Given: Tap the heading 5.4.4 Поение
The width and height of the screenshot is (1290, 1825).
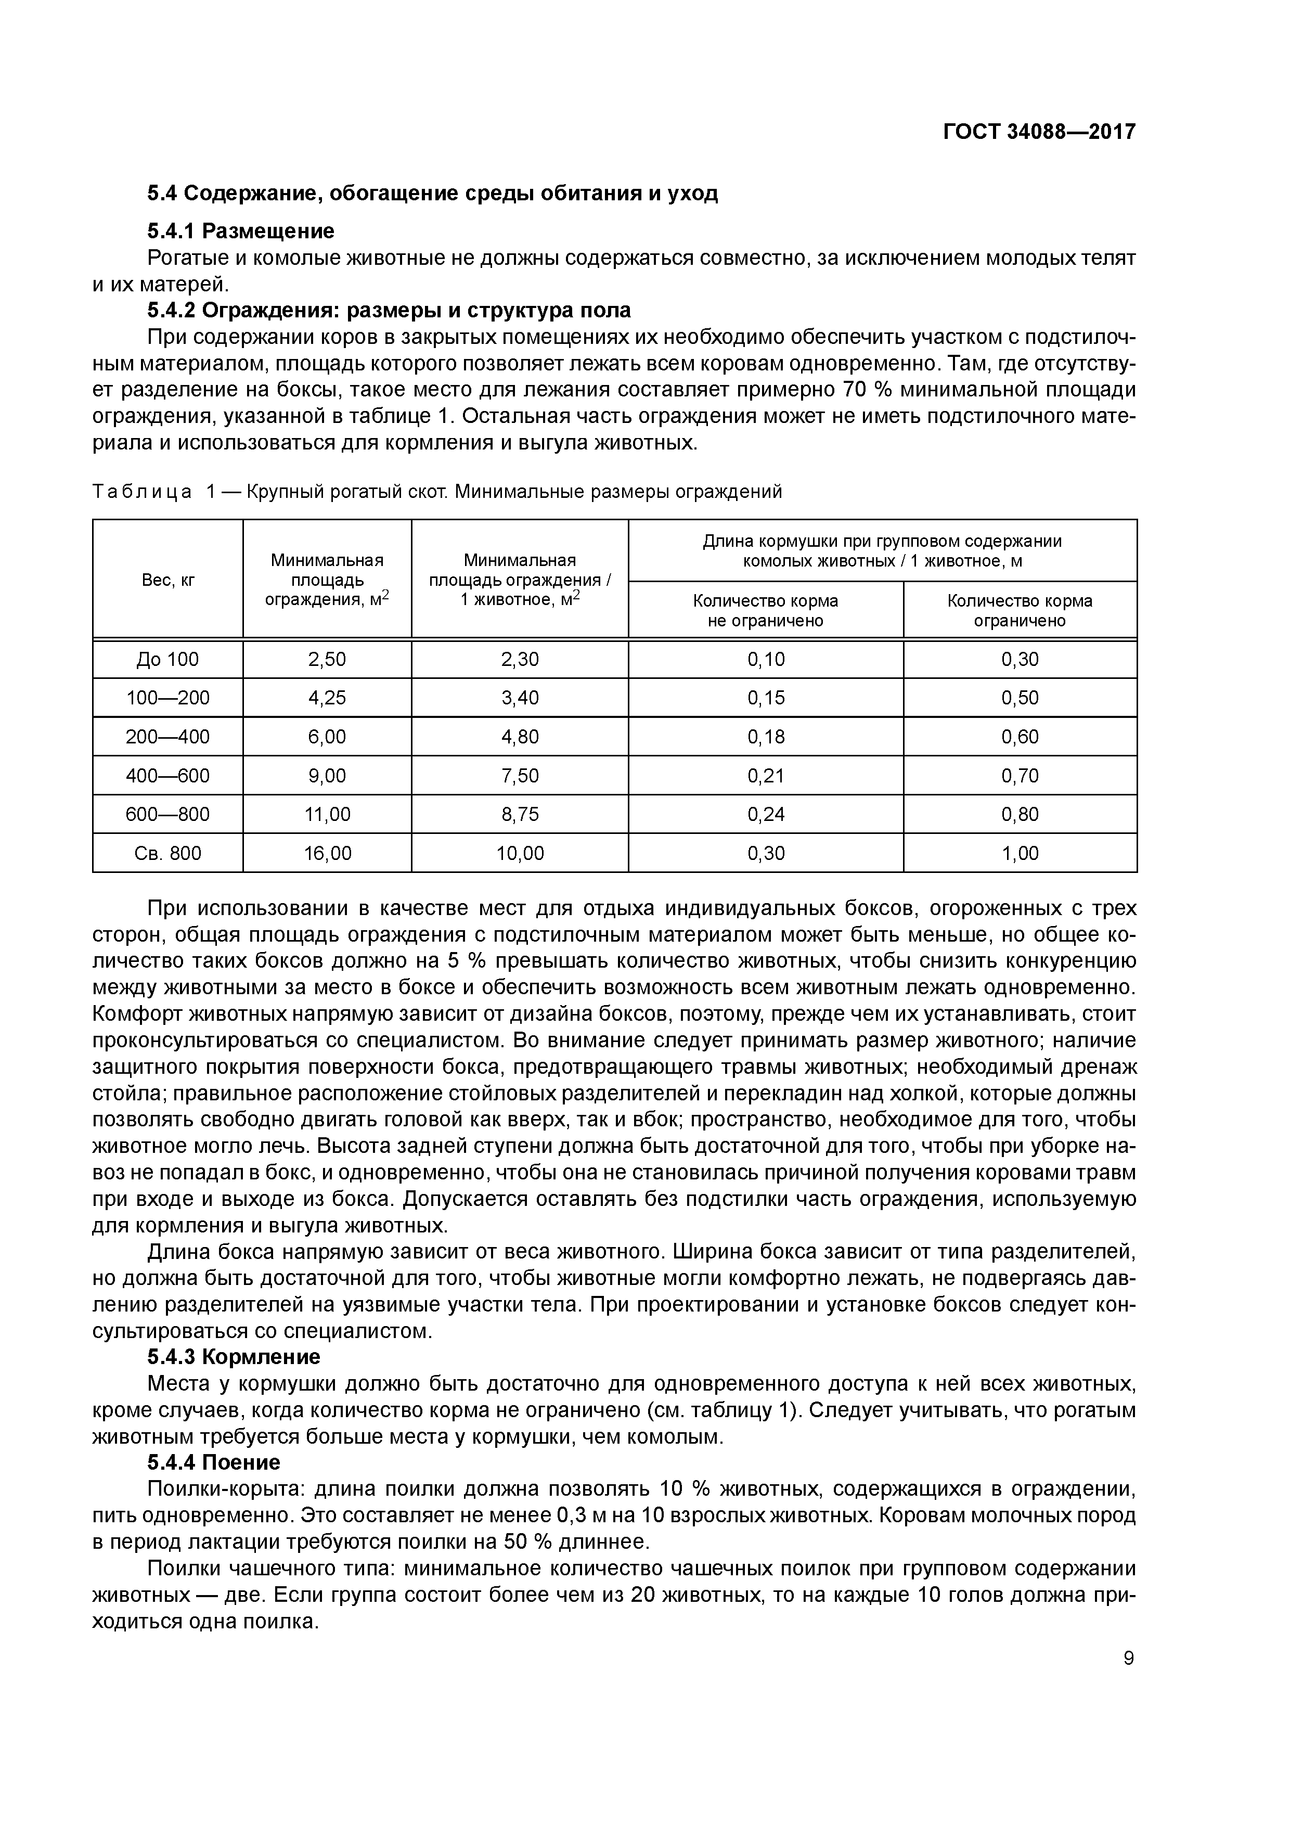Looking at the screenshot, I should (214, 1462).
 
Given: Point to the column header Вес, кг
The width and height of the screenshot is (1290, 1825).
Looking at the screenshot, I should (167, 580).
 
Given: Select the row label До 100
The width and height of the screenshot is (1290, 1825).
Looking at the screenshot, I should (167, 659).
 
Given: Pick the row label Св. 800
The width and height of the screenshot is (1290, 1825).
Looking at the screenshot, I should (167, 853).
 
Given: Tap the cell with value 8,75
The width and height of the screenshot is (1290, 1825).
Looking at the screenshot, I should (520, 814).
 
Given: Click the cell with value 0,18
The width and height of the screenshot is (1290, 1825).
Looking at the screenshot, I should (765, 737).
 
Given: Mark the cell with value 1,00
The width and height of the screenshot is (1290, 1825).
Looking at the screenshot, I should (1020, 853).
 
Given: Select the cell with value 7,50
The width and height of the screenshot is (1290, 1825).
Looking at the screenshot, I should (520, 775).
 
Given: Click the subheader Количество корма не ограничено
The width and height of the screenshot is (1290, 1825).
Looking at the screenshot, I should (765, 610).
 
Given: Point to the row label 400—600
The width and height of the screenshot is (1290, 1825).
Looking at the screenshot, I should (167, 775).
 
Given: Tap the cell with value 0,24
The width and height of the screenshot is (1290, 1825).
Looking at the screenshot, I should (765, 814).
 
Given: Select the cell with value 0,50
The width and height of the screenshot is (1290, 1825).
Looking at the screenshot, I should (1020, 698).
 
